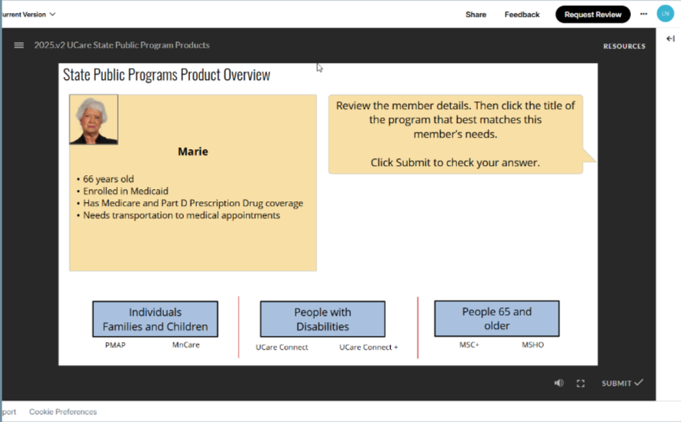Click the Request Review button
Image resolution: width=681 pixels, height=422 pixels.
click(593, 15)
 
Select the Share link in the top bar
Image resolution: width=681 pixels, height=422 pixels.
click(476, 15)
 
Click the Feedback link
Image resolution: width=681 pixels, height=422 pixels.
click(522, 15)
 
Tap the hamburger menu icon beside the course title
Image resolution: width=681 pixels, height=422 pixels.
click(19, 45)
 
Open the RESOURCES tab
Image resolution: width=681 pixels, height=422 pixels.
click(624, 46)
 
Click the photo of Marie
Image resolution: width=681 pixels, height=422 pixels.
click(94, 119)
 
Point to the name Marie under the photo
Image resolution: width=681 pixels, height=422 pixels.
click(193, 151)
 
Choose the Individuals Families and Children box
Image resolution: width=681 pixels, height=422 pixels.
click(155, 319)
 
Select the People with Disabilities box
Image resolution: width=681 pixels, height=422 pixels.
click(322, 319)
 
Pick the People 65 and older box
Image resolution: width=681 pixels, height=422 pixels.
click(496, 318)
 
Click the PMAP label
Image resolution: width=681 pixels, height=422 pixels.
click(115, 345)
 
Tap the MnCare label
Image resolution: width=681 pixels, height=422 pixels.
click(185, 345)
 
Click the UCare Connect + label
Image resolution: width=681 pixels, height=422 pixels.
click(369, 347)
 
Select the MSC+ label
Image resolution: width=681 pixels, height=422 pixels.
click(469, 345)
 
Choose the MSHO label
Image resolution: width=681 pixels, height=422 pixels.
click(532, 345)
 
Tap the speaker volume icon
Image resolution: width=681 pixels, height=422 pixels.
click(559, 383)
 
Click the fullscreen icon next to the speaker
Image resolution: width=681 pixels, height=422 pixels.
click(581, 383)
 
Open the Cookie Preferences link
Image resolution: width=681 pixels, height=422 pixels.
click(63, 412)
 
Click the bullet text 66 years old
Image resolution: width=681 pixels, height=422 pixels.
click(108, 179)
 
